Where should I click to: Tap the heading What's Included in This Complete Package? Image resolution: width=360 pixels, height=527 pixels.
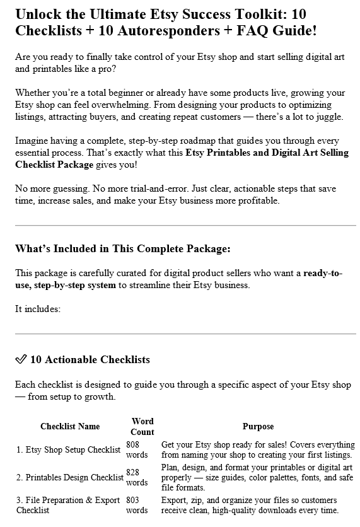(122, 248)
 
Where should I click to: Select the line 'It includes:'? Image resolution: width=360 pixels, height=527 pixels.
(38, 309)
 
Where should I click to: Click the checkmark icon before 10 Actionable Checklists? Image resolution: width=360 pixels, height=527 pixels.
(20, 360)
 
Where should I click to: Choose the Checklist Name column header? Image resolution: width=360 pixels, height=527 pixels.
(70, 426)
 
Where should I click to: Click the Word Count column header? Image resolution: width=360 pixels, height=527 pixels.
(142, 426)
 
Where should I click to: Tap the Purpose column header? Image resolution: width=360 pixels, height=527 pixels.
(258, 426)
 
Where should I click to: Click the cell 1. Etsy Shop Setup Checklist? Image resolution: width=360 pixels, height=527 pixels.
(68, 449)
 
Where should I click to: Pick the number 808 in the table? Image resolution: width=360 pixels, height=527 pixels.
(132, 444)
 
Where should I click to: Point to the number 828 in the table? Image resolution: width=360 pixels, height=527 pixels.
(132, 472)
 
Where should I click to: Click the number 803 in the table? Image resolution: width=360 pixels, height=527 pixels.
(132, 500)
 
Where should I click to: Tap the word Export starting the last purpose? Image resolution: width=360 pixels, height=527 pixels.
(174, 500)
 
